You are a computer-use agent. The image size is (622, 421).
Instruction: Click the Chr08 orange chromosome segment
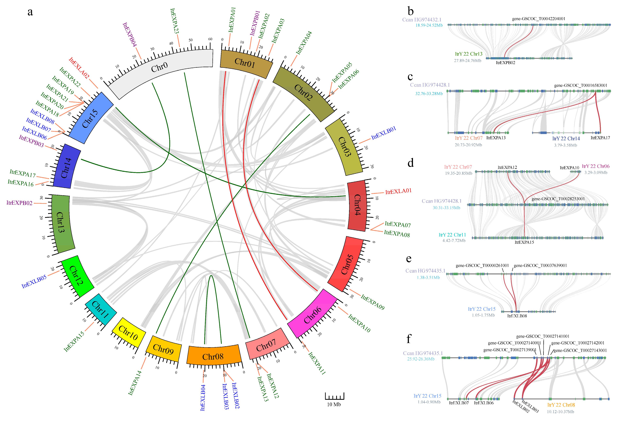(x=213, y=355)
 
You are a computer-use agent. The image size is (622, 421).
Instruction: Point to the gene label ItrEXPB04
(x=130, y=34)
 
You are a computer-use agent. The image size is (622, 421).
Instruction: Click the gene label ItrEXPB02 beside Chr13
(x=19, y=203)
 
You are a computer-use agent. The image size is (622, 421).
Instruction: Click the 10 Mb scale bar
(x=334, y=396)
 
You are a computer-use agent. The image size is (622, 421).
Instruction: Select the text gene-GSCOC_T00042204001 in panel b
(x=538, y=19)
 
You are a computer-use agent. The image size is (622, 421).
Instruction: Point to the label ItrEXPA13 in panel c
(x=496, y=138)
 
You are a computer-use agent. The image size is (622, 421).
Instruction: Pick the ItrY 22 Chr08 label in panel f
(x=561, y=405)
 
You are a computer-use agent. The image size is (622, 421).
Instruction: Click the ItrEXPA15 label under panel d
(x=524, y=242)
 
